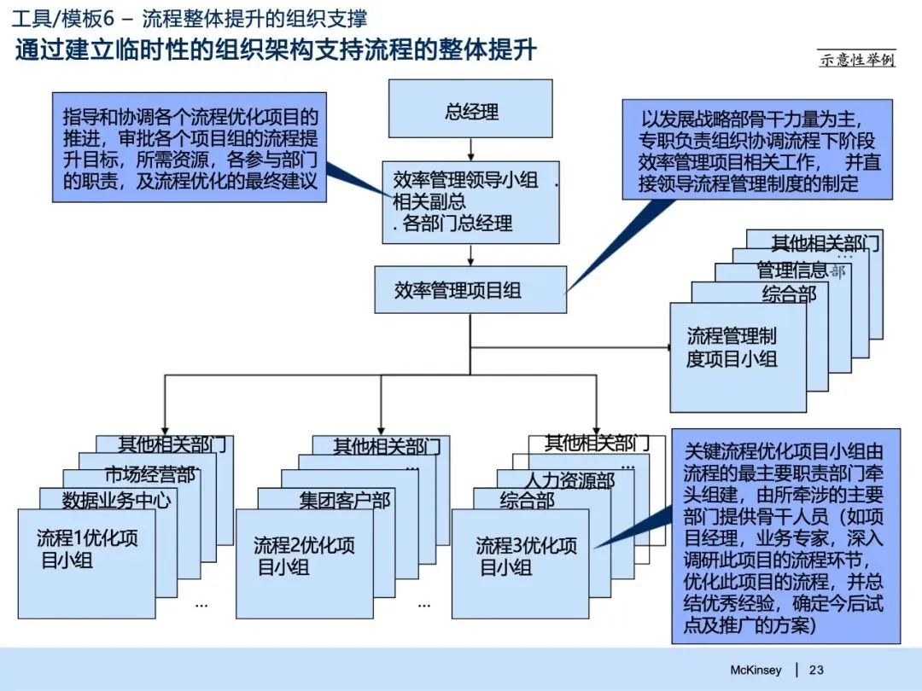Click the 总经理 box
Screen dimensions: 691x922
point(471,113)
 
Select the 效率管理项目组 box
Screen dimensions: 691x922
point(470,290)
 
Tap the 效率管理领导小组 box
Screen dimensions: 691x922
point(470,202)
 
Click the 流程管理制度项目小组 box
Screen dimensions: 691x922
point(738,357)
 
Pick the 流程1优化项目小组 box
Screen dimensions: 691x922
point(87,563)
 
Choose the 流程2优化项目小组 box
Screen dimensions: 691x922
point(304,563)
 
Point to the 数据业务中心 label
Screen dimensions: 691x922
point(116,500)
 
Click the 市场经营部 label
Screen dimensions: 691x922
point(150,475)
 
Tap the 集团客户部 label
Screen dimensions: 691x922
point(345,500)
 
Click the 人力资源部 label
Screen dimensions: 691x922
point(569,482)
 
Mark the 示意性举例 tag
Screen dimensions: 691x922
point(857,60)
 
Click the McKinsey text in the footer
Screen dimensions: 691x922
point(756,670)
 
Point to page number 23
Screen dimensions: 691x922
point(816,670)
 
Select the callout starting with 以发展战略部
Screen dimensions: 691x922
point(756,148)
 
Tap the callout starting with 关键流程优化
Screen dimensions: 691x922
point(785,535)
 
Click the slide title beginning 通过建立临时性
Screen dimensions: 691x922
point(276,49)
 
